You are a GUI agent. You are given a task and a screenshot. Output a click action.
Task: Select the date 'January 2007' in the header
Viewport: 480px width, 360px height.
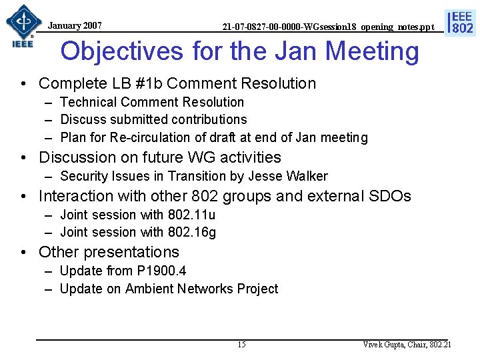coord(75,25)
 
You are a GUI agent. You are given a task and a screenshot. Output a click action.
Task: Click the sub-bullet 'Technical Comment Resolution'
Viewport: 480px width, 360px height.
coord(151,102)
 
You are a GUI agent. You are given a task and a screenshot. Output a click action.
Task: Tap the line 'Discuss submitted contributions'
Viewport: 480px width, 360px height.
coord(153,120)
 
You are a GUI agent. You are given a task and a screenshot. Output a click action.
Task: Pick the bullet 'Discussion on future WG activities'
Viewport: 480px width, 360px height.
coord(160,157)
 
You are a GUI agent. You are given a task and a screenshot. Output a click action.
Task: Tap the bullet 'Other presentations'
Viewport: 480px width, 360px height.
coord(109,252)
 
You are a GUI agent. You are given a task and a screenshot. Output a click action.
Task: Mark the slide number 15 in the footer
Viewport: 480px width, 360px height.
coord(241,345)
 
